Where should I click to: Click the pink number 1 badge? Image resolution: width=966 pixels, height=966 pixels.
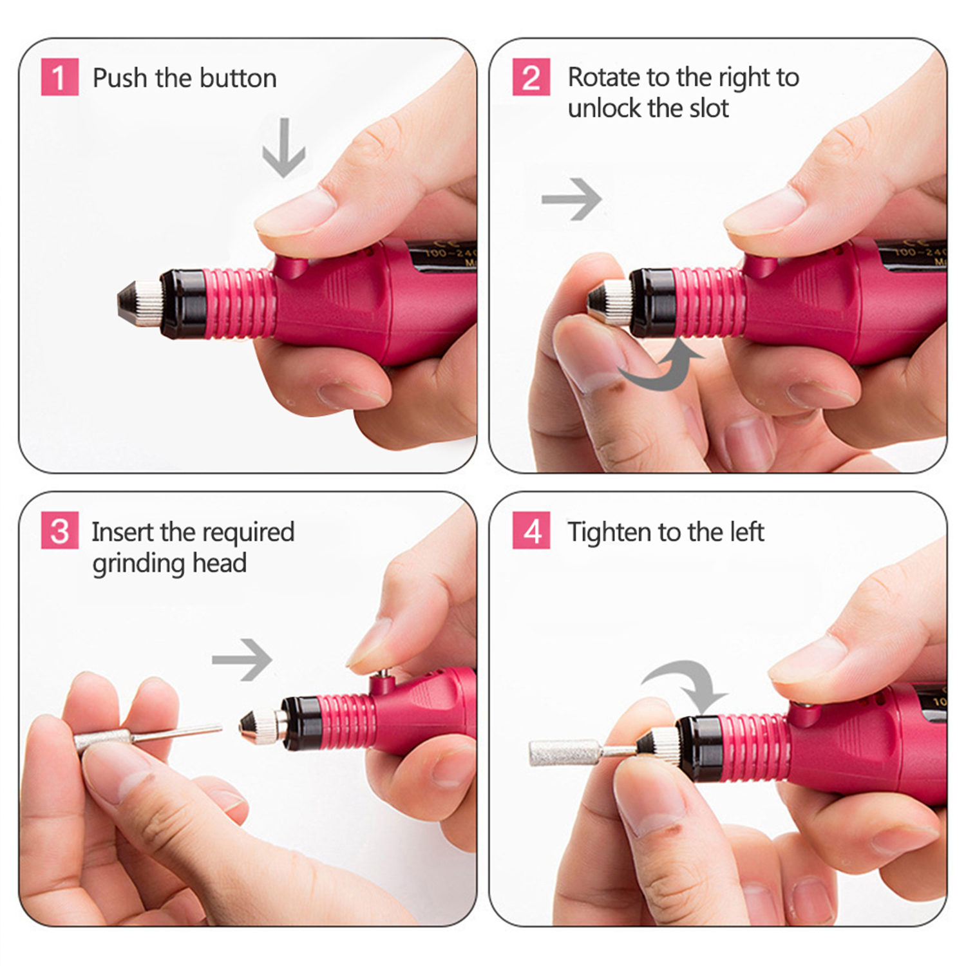(x=59, y=77)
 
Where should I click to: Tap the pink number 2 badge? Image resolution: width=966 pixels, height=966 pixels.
(x=531, y=77)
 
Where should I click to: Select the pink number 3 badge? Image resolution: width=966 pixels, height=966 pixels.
(x=59, y=531)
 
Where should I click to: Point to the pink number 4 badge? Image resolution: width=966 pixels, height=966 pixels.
(x=531, y=531)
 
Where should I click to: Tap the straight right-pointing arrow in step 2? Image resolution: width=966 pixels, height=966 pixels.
(x=571, y=199)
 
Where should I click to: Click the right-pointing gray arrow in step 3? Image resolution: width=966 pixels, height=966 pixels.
(x=242, y=659)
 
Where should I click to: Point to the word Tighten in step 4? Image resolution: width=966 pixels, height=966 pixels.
(x=609, y=532)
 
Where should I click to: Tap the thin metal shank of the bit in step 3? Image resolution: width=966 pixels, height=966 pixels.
(x=180, y=732)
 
